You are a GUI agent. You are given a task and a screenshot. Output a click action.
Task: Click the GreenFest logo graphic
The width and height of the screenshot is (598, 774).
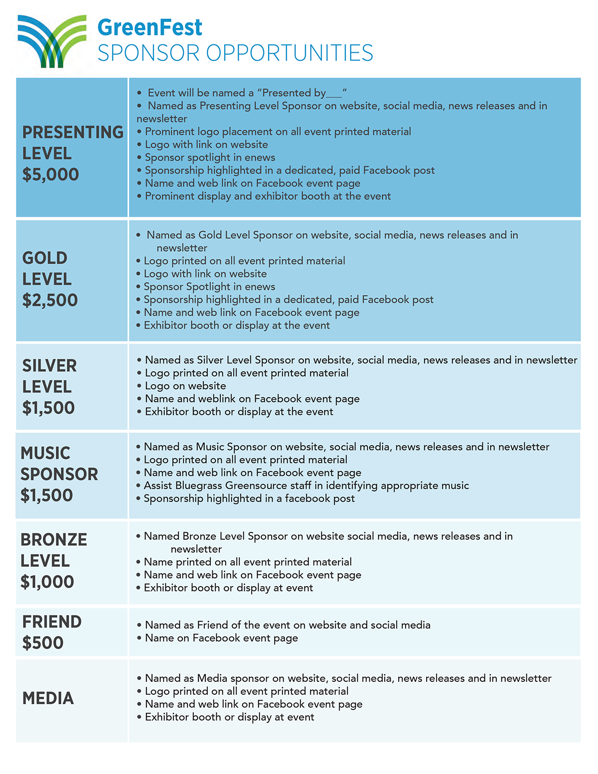(x=51, y=41)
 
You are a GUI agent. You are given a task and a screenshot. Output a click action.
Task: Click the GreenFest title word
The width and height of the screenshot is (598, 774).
(x=149, y=27)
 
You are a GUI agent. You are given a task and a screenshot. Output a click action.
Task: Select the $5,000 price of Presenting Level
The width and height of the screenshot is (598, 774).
(x=50, y=174)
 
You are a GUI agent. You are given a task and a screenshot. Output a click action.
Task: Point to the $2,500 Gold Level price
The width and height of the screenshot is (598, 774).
(x=50, y=300)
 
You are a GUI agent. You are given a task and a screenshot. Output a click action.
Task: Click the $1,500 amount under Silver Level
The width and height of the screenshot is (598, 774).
(x=48, y=408)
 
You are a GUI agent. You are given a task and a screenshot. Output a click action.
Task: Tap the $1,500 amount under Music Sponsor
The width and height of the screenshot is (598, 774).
(x=47, y=495)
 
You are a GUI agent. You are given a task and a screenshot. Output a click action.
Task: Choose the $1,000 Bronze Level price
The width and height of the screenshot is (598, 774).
(x=47, y=582)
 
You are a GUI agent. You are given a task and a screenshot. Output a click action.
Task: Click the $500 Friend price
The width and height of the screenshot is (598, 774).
(x=43, y=643)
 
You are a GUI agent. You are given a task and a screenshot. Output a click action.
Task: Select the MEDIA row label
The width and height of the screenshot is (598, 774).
(x=48, y=698)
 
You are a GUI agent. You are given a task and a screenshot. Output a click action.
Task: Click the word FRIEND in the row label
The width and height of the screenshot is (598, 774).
(x=52, y=621)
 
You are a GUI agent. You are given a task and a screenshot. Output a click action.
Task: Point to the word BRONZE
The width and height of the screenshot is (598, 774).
(x=54, y=539)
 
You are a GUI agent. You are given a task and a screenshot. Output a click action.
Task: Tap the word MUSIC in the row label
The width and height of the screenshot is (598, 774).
(x=45, y=453)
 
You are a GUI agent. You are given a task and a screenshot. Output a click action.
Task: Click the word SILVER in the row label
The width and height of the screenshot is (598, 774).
(x=49, y=366)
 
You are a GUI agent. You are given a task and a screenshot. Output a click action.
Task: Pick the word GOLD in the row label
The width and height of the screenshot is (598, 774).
(x=45, y=258)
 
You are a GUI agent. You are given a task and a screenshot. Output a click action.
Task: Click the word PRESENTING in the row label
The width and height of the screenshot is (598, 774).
(x=73, y=132)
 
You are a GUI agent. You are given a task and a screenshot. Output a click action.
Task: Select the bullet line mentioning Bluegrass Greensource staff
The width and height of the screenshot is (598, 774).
(x=306, y=485)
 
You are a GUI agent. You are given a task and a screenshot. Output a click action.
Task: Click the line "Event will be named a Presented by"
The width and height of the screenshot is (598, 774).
(x=247, y=93)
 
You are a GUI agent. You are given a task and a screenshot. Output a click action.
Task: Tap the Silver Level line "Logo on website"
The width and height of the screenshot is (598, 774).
(x=185, y=386)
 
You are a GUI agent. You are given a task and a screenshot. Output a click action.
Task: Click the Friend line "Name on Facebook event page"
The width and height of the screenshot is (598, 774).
(x=221, y=638)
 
